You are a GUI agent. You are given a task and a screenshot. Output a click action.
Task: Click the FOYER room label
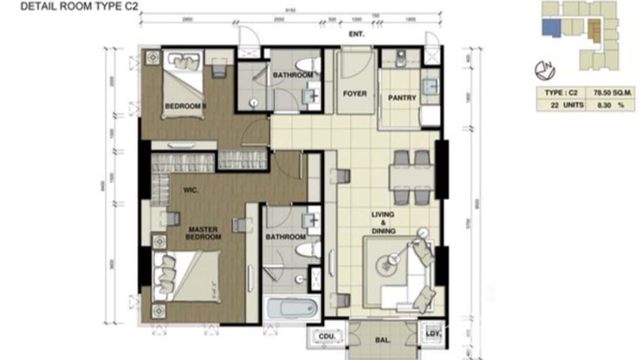coord(355,94)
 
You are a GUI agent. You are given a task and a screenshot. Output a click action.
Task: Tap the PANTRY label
coord(402,98)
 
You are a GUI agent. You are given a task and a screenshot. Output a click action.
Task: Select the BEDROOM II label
coord(185,106)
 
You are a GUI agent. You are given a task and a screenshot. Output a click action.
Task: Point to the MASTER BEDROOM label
coord(203,233)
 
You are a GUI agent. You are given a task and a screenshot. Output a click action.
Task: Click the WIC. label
coord(190,190)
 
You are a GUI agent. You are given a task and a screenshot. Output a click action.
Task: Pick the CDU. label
coord(327,337)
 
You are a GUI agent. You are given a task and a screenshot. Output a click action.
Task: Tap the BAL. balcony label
coord(384,341)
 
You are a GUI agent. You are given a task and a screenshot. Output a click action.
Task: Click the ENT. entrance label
coord(356,34)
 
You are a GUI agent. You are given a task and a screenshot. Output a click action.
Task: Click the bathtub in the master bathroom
coord(292,308)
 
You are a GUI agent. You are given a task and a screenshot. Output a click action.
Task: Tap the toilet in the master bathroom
coord(306,250)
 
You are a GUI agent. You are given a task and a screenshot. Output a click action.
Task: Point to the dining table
coord(412,177)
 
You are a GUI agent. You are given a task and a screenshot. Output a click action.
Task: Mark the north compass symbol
coord(545,71)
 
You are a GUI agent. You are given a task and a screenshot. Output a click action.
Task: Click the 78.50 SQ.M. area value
coord(606,93)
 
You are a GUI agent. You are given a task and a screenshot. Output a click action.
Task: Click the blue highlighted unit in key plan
coord(551,27)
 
